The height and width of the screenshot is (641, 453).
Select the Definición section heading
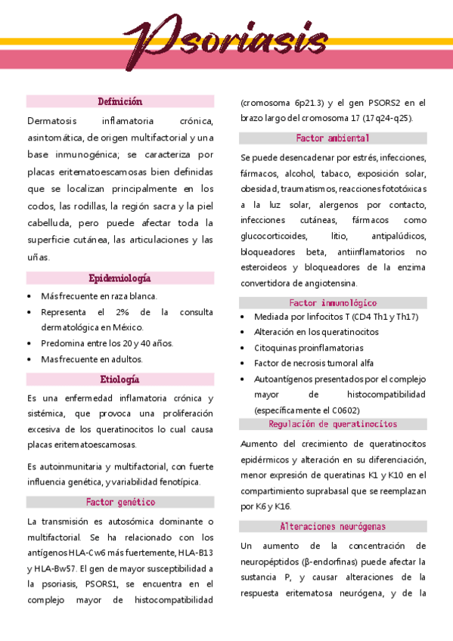click(120, 101)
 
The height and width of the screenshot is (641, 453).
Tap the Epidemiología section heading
click(120, 278)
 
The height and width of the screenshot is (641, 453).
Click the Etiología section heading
click(120, 379)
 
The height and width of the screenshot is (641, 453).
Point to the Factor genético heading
click(120, 502)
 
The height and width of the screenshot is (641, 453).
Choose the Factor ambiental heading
click(333, 138)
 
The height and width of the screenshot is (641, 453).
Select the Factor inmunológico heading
click(333, 302)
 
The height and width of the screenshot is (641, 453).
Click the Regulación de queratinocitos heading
click(333, 424)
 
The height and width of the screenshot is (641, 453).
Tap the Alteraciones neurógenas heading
click(333, 526)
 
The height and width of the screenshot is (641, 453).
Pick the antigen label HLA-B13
click(196, 553)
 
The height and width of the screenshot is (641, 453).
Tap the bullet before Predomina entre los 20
click(29, 343)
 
